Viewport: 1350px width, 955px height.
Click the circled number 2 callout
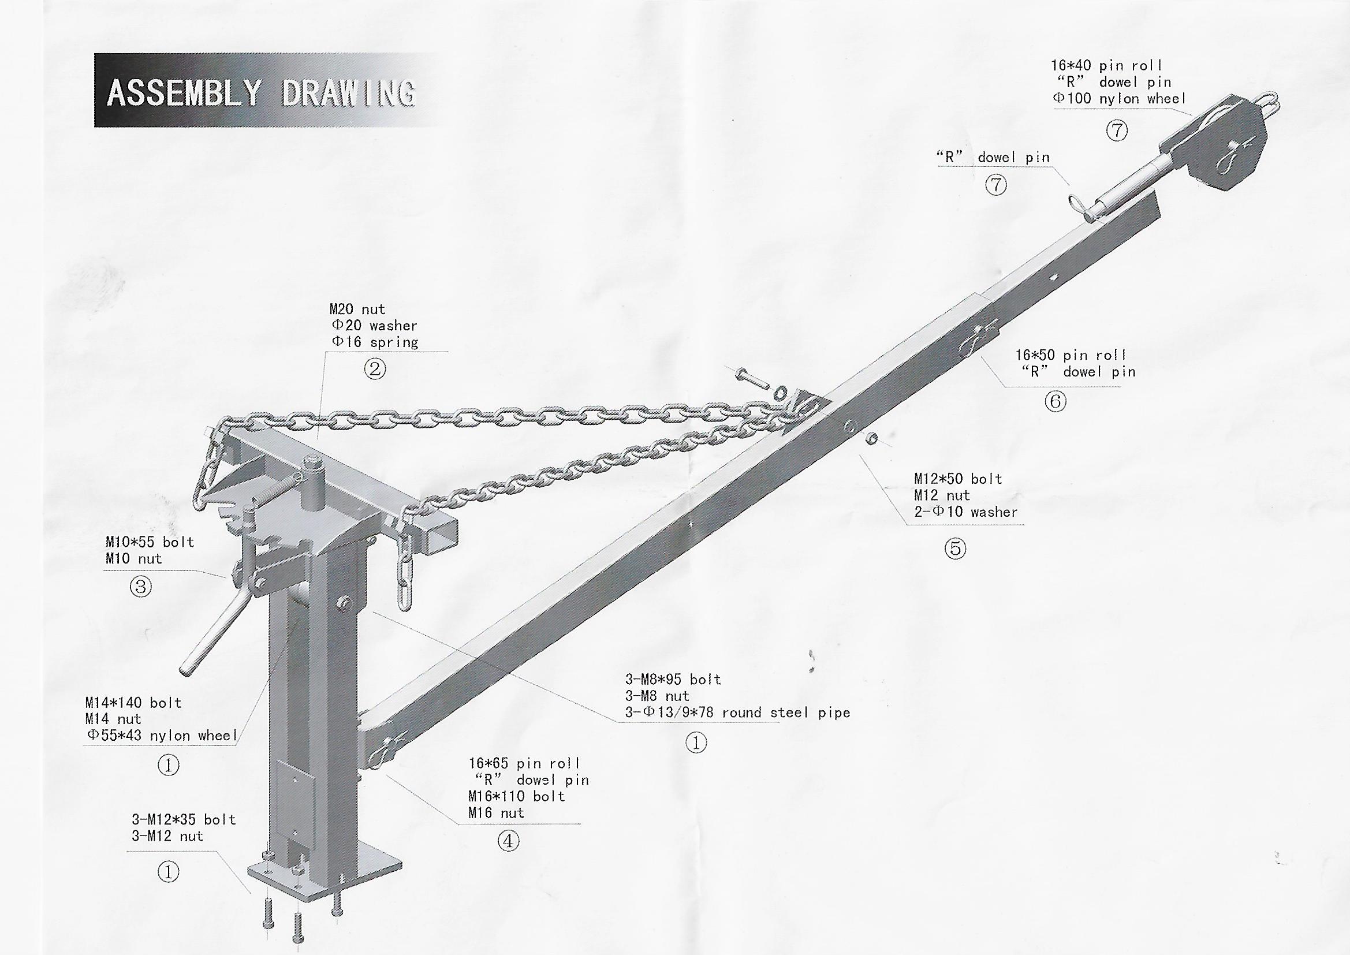[375, 370]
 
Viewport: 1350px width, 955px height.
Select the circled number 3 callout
[140, 586]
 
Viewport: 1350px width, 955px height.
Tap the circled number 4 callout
[509, 841]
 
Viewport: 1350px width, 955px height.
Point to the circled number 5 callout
[956, 549]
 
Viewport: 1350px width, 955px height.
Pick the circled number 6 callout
[1056, 402]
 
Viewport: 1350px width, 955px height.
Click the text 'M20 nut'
[357, 309]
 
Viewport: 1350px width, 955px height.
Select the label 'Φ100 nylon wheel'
[1119, 99]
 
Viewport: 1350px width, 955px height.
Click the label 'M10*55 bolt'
[150, 542]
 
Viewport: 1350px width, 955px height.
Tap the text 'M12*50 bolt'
[958, 479]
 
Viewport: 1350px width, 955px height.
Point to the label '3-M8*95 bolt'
[673, 680]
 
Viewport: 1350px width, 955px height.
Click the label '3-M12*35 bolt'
[184, 820]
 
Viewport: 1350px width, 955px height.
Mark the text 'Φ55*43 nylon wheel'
[161, 736]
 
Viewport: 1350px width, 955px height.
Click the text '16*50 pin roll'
[1071, 355]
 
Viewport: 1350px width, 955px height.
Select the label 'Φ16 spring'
[375, 342]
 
